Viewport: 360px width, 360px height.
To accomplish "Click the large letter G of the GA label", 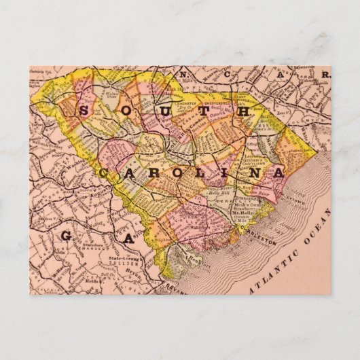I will [68, 236].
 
